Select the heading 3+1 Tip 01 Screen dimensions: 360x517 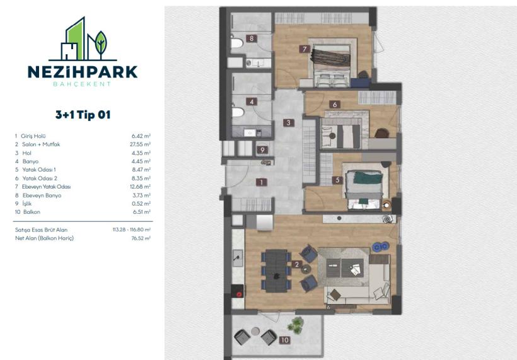tap(82, 115)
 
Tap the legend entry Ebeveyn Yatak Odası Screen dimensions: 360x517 tap(45, 187)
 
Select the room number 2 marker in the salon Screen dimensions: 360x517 tap(296, 265)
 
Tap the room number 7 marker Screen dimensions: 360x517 tap(304, 49)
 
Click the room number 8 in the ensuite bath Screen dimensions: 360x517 tap(251, 39)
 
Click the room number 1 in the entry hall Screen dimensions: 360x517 tap(260, 182)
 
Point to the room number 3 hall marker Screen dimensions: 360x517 tap(288, 123)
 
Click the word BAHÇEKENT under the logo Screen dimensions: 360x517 tap(82, 84)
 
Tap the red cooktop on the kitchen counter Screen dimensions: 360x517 tap(239, 291)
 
